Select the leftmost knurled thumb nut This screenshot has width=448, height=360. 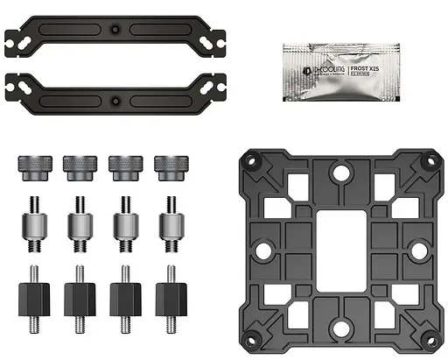coord(31,164)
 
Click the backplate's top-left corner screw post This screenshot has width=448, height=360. coord(251,161)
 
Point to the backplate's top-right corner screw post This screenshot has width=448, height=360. coord(430,161)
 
